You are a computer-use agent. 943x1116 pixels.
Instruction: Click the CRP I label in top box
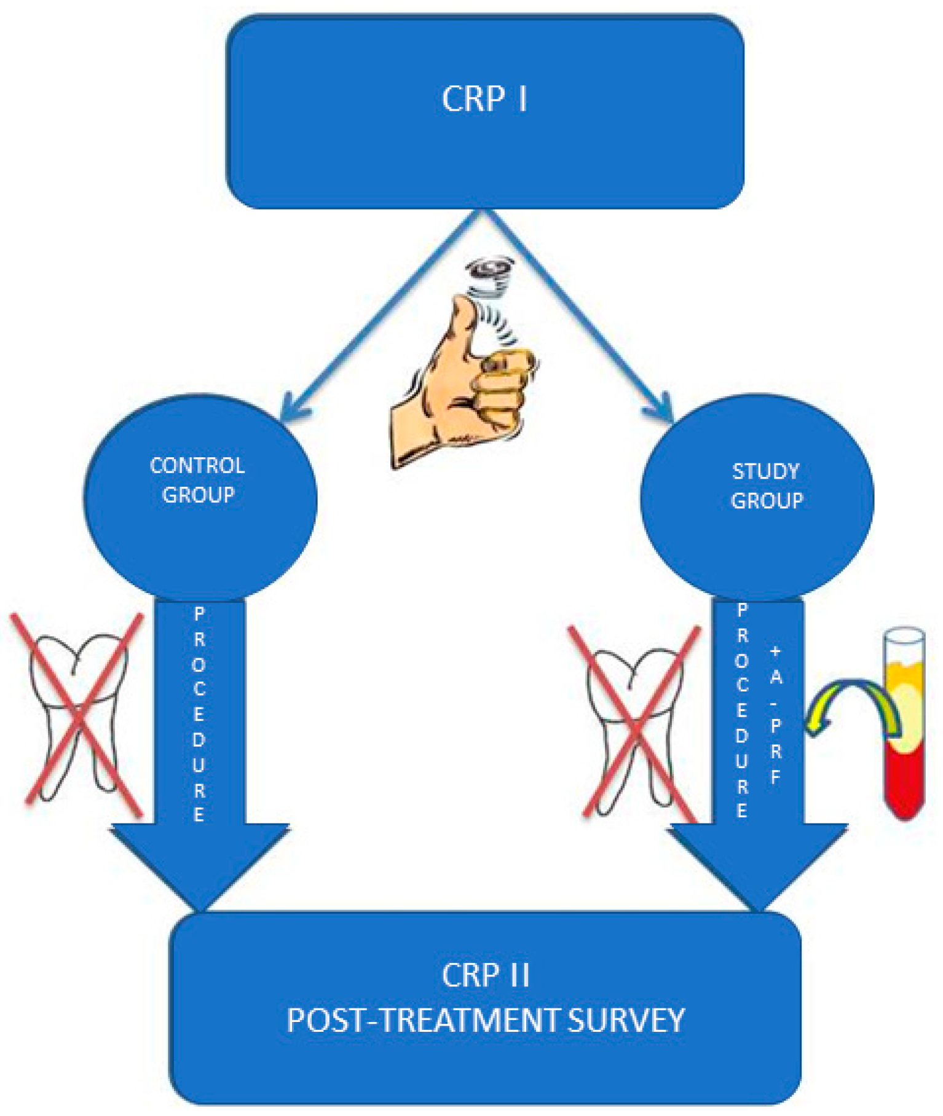[x=484, y=99]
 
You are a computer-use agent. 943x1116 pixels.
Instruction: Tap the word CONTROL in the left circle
[x=197, y=465]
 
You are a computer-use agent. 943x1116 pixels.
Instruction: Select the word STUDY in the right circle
[x=765, y=471]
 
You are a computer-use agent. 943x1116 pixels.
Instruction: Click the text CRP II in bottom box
[x=485, y=975]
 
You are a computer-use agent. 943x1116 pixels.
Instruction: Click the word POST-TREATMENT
[x=423, y=1021]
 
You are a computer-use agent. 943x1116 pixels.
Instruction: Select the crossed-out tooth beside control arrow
[x=79, y=713]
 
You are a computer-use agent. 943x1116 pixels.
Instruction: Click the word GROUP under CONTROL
[x=198, y=495]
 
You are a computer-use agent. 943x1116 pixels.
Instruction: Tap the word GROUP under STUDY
[x=766, y=501]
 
